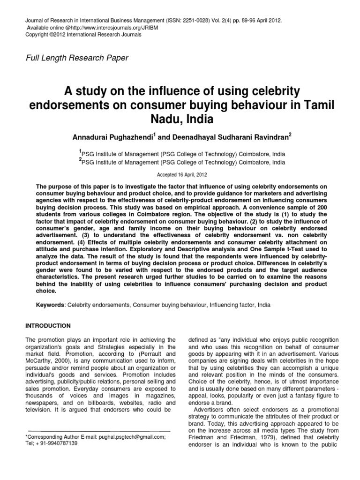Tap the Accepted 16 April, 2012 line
pyautogui.click(x=180, y=172)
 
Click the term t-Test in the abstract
pyautogui.click(x=288, y=249)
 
